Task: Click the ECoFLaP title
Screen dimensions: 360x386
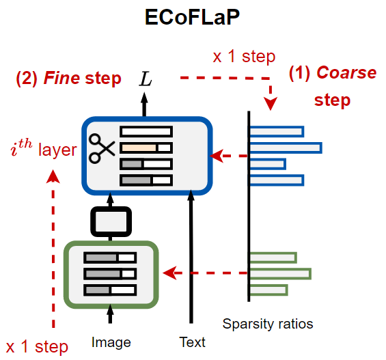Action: click(x=192, y=18)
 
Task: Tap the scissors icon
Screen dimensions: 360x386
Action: click(x=102, y=148)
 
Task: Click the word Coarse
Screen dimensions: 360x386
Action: click(x=347, y=73)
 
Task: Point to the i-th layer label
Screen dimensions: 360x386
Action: click(x=42, y=148)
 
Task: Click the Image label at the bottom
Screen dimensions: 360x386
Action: click(x=111, y=342)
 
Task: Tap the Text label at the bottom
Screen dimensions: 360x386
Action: click(x=192, y=342)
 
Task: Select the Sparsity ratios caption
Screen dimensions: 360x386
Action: click(x=268, y=322)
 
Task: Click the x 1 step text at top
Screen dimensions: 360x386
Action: click(x=244, y=57)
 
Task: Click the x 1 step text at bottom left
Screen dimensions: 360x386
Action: click(x=37, y=346)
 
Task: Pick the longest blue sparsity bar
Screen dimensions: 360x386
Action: click(x=285, y=148)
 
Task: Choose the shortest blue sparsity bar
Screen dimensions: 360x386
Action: click(x=267, y=164)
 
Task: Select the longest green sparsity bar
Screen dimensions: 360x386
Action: click(x=279, y=273)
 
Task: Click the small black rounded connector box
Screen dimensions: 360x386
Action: click(x=110, y=221)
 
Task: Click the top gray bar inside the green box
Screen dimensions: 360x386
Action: click(x=109, y=258)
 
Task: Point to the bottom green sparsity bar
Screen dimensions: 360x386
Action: click(x=268, y=290)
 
